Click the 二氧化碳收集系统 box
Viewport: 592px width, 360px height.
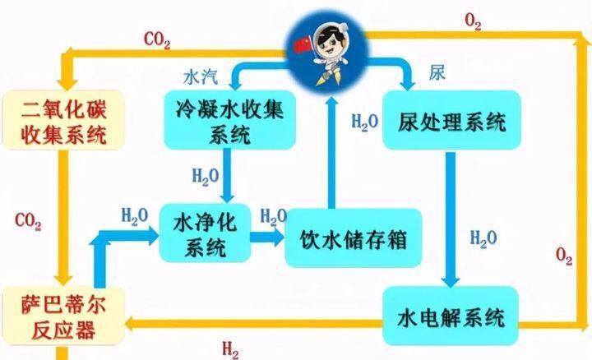63,120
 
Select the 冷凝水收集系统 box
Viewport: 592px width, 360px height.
229,120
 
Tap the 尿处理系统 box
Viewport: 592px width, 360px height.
451,120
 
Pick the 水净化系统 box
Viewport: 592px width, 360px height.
205,233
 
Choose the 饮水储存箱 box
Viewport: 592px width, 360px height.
353,238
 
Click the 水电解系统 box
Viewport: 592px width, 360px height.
451,316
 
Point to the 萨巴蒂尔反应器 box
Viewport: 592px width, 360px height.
63,316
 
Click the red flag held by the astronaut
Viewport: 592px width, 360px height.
302,45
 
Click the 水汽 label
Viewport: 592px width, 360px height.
201,76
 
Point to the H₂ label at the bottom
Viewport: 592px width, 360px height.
230,349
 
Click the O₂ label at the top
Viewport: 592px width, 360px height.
473,21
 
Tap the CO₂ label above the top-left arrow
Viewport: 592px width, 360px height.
157,39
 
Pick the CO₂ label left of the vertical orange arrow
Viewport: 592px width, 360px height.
28,221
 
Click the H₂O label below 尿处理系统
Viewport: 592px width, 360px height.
483,239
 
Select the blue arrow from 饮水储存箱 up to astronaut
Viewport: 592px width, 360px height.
331,152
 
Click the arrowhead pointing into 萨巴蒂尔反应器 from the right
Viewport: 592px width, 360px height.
131,324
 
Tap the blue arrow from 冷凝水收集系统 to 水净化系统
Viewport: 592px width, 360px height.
227,175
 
